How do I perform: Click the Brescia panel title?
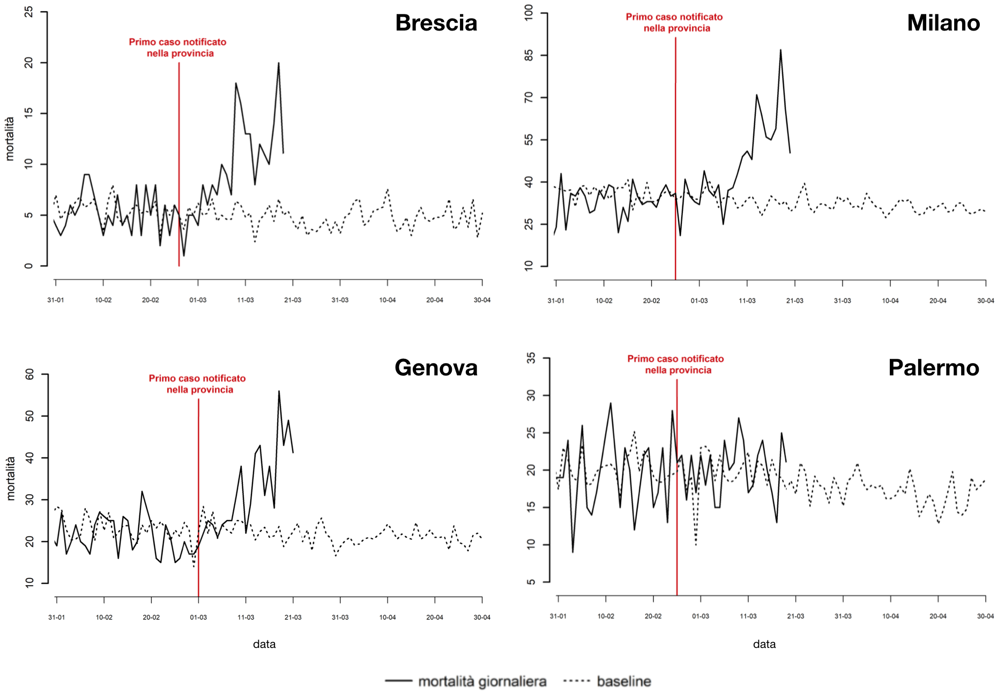point(436,23)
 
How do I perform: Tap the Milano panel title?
point(943,23)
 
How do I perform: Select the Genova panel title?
point(436,368)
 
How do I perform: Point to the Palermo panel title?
point(933,368)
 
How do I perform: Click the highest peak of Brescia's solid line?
point(279,63)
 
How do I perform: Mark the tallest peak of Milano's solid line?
point(780,50)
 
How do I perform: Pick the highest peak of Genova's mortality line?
point(279,391)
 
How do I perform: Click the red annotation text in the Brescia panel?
point(178,48)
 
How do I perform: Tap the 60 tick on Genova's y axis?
point(29,374)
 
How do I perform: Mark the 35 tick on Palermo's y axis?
point(531,358)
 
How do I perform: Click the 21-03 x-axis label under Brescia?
point(293,300)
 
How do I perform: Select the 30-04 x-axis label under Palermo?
point(985,616)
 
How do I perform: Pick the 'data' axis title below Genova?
point(264,644)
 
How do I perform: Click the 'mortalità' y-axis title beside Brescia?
point(10,139)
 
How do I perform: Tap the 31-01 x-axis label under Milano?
point(556,300)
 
